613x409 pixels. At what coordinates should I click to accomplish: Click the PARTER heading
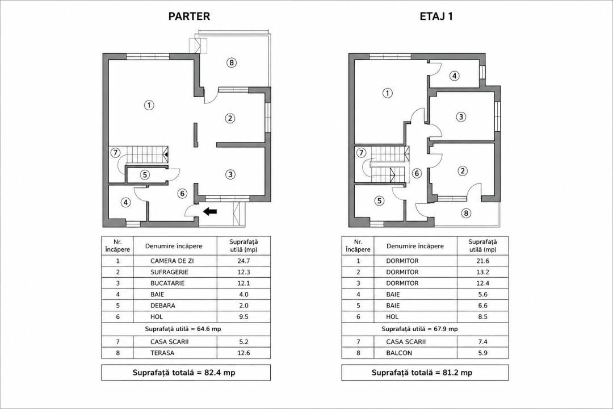pos(189,16)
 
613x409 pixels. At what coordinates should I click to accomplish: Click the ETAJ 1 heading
pos(436,16)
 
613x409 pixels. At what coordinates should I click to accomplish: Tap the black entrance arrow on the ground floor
pos(210,211)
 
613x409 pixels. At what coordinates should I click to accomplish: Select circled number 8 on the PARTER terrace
pos(232,62)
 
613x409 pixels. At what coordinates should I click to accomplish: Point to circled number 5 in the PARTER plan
pos(145,174)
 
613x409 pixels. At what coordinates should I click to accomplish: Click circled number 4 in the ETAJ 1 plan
pos(454,76)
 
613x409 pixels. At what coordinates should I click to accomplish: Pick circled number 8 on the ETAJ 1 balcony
pos(465,213)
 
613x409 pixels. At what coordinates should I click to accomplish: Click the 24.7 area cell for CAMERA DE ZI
pos(243,261)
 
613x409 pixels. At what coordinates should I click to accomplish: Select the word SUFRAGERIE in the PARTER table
pos(169,272)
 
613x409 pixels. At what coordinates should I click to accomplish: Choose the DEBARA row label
pos(163,305)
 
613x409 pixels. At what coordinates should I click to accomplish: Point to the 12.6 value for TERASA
pos(243,353)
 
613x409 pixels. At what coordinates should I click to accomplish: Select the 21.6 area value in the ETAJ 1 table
pos(483,261)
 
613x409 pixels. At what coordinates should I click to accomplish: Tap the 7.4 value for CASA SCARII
pos(483,341)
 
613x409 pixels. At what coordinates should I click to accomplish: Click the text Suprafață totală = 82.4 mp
pos(184,373)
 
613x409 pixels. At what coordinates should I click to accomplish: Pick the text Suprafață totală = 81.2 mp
pos(422,373)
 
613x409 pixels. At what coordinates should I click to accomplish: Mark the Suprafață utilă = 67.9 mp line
pos(419,329)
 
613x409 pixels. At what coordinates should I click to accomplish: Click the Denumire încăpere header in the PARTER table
pos(174,246)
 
